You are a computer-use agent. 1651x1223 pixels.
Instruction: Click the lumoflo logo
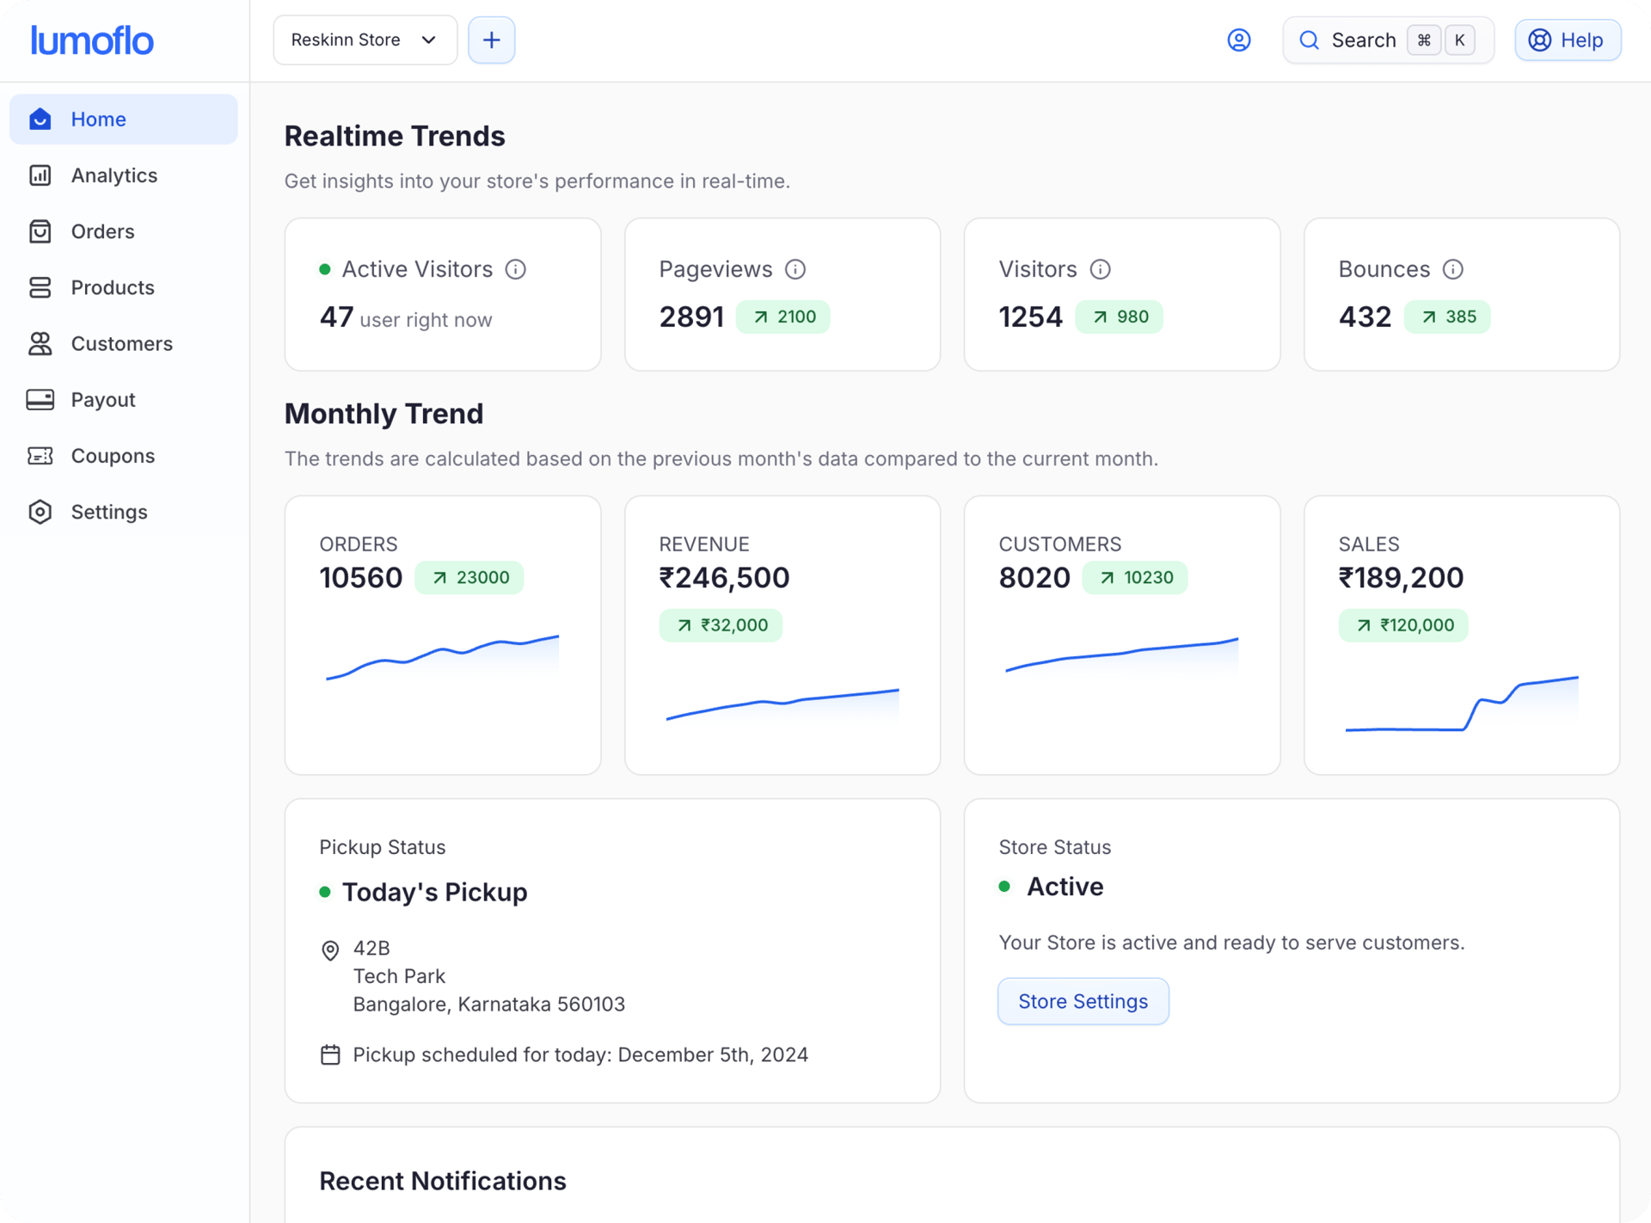coord(92,40)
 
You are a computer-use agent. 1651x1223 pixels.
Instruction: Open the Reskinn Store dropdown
coord(365,40)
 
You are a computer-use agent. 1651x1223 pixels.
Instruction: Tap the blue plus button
coord(491,40)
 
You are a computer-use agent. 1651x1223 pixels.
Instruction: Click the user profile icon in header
coord(1238,40)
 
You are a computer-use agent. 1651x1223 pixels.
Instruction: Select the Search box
coord(1387,40)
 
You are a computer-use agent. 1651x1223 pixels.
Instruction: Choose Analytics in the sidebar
coord(114,175)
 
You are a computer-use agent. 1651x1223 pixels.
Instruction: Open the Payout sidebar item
coord(102,400)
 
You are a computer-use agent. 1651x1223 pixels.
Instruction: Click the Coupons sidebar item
coord(112,456)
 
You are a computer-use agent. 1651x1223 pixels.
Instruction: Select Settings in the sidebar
coord(108,512)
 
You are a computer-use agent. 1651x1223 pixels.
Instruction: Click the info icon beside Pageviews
coord(795,270)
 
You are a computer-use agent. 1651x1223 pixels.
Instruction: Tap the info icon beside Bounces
coord(1452,270)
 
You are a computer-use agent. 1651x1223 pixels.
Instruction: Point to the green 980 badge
coord(1119,317)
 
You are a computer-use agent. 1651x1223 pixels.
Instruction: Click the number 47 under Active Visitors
coord(336,317)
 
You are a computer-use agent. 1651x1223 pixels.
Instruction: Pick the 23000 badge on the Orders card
coord(470,578)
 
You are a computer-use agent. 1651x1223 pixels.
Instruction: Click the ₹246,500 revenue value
coord(724,578)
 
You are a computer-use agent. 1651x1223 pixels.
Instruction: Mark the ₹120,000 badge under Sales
coord(1402,625)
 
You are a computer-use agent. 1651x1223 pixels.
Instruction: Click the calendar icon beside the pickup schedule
coord(330,1055)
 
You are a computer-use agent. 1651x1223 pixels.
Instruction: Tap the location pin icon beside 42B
coord(330,950)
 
